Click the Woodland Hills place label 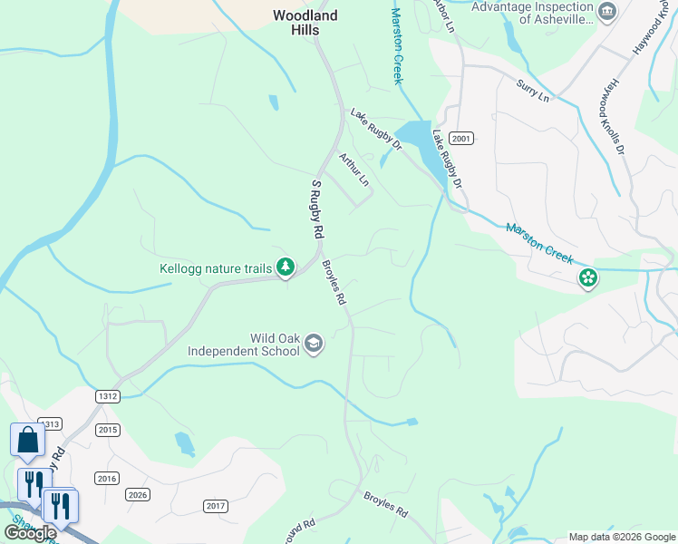305,23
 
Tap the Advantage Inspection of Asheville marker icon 608,11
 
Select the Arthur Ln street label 354,170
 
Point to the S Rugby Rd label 317,209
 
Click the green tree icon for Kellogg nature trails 286,267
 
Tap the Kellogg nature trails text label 215,268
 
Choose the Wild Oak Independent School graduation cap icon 314,343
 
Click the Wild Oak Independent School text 243,345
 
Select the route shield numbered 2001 461,138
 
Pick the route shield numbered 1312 108,396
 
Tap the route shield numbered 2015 108,430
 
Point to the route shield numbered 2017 216,505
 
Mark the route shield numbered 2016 107,478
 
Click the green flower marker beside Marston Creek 588,277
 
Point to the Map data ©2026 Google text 621,537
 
